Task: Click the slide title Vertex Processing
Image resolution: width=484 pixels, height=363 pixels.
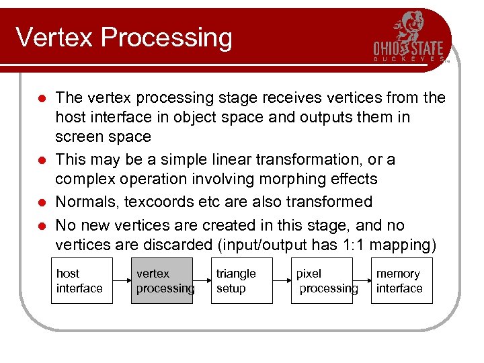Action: [x=124, y=38]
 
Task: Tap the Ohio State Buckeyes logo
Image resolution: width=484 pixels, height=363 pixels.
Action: [x=409, y=39]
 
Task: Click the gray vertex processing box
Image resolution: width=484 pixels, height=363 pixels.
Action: [x=161, y=281]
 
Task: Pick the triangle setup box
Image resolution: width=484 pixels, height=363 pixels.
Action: [x=241, y=281]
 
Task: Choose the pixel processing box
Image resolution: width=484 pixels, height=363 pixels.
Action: [x=321, y=281]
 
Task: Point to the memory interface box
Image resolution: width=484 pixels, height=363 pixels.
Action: [x=401, y=281]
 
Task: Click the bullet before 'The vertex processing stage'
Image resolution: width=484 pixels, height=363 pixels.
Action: [x=42, y=99]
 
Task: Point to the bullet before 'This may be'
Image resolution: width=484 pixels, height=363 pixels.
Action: [x=42, y=161]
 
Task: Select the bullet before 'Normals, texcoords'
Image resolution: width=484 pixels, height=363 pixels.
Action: [x=42, y=202]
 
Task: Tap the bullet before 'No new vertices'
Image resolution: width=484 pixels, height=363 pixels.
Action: [x=42, y=226]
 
